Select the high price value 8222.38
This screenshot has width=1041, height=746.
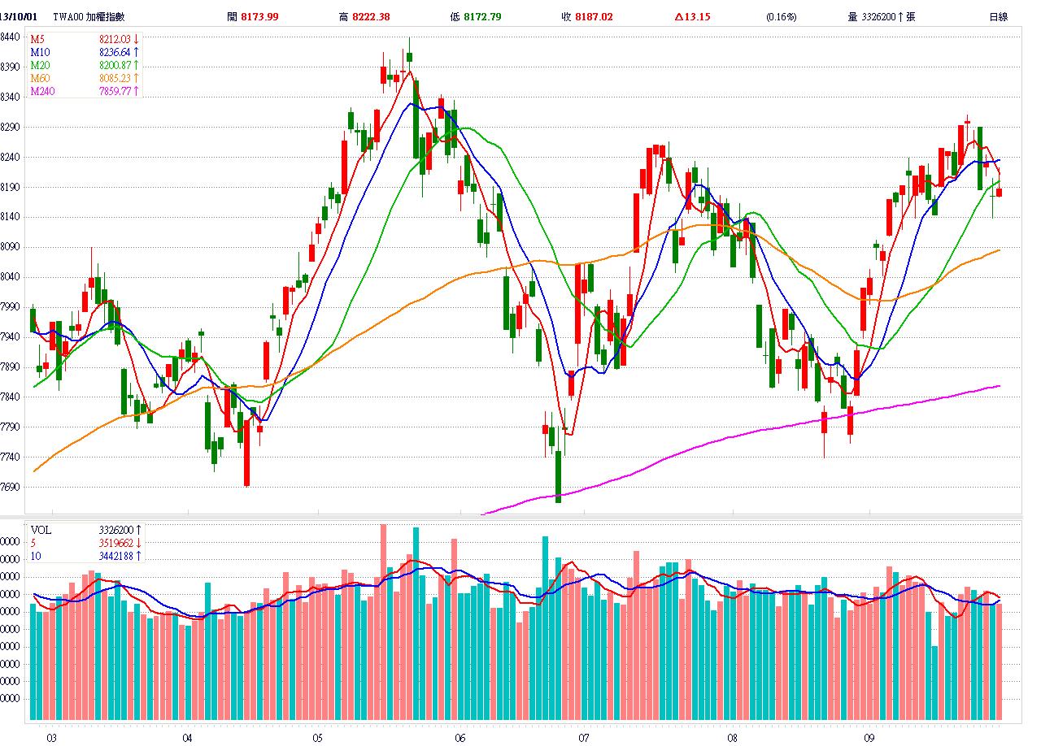(371, 16)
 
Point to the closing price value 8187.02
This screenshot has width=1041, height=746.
(594, 16)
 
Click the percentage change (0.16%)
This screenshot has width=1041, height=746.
(782, 16)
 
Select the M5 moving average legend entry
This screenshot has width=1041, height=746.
(37, 39)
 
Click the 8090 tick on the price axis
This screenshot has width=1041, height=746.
(11, 247)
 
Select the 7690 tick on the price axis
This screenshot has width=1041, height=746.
(11, 488)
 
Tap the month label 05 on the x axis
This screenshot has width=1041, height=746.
(317, 738)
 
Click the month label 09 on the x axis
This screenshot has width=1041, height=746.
(869, 738)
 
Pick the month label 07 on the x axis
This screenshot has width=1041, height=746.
(583, 738)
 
